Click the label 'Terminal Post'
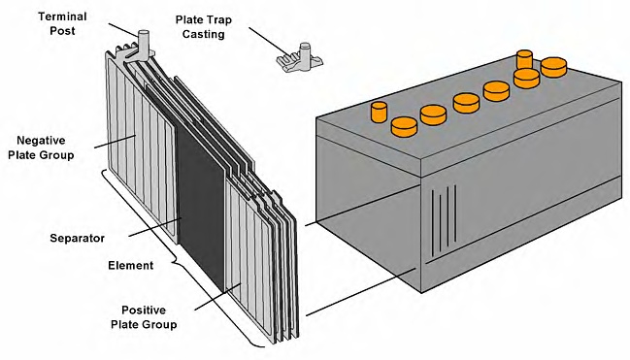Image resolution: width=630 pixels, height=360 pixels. point(62,23)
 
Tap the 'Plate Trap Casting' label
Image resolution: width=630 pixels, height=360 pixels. point(203,27)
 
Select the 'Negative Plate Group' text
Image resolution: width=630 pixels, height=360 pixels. point(41,147)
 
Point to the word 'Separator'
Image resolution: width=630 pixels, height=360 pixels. point(77,238)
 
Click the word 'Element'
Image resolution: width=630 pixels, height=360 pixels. point(131,265)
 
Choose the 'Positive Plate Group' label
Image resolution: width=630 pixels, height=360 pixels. point(144,317)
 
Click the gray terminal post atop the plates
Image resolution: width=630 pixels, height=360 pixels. point(143,45)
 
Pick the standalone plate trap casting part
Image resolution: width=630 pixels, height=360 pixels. point(300,58)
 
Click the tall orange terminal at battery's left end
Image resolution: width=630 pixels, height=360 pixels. point(379,112)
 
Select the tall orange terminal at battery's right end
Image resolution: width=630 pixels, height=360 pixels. point(524,59)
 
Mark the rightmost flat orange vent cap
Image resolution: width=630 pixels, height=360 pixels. point(553,67)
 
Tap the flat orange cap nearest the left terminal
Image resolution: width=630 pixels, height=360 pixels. point(404,127)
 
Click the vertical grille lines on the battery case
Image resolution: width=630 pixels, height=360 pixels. point(444,221)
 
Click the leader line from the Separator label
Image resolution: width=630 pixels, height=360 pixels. point(155,227)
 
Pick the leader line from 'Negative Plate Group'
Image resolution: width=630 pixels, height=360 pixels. point(115,141)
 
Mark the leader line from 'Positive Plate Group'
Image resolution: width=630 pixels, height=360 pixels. point(217,297)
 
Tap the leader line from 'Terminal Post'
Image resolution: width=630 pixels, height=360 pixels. point(123,30)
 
